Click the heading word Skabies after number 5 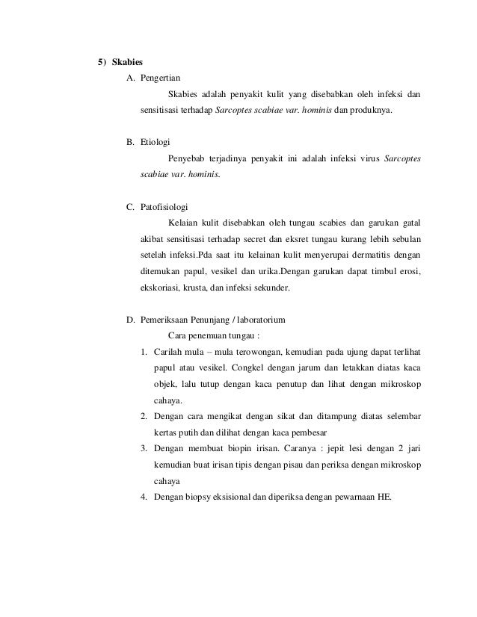[x=128, y=61]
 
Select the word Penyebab [x=187, y=158]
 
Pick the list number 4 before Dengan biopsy [x=144, y=499]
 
